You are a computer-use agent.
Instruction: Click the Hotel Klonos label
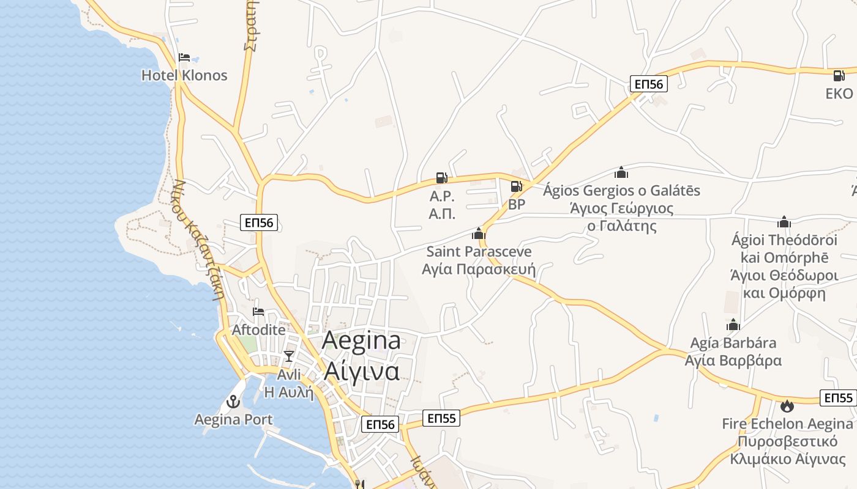(x=184, y=75)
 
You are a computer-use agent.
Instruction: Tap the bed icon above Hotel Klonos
(x=184, y=58)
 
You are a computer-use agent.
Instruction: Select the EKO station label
(x=839, y=94)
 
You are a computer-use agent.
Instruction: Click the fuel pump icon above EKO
(x=838, y=75)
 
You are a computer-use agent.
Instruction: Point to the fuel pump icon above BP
(x=516, y=186)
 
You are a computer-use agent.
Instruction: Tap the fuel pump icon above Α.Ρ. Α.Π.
(x=441, y=178)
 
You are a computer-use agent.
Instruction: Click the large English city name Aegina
(x=361, y=340)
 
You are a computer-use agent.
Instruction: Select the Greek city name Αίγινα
(x=361, y=370)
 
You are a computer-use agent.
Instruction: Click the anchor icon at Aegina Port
(x=233, y=402)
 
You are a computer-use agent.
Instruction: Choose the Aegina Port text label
(x=233, y=419)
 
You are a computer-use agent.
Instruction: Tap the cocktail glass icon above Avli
(x=289, y=356)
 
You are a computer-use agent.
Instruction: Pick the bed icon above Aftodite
(x=258, y=312)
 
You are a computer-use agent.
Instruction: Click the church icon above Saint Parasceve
(x=479, y=233)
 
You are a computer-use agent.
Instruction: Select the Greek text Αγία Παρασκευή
(x=479, y=269)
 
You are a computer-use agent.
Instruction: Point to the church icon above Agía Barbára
(x=733, y=325)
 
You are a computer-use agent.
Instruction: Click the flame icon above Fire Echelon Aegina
(x=787, y=405)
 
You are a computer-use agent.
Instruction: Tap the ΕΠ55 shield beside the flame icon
(x=838, y=398)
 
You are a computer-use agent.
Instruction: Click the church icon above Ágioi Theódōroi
(x=784, y=222)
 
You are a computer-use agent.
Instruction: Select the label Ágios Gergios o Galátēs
(x=621, y=191)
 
